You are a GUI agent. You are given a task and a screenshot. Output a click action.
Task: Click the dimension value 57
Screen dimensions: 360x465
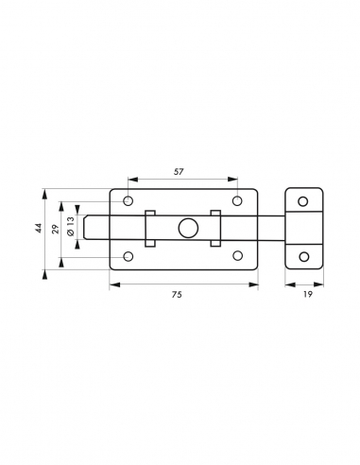(x=179, y=172)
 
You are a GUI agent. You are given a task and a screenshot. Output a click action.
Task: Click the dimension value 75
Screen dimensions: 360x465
(x=177, y=295)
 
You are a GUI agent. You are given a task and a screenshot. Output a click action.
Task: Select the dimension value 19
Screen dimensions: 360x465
(x=308, y=294)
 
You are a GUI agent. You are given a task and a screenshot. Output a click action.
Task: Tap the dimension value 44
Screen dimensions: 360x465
(x=39, y=228)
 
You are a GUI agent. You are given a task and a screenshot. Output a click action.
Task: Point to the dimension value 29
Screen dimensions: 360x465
(x=56, y=229)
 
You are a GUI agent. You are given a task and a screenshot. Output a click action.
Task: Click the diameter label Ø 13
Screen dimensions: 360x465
(x=71, y=226)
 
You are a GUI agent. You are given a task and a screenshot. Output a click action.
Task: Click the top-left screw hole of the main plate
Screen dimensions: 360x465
(x=128, y=200)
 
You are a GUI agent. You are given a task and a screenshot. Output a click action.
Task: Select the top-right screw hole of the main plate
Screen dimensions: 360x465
(x=237, y=200)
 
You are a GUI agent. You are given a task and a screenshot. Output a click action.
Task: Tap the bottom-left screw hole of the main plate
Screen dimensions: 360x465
(x=128, y=256)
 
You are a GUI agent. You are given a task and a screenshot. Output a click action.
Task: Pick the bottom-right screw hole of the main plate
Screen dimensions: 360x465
(x=237, y=255)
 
